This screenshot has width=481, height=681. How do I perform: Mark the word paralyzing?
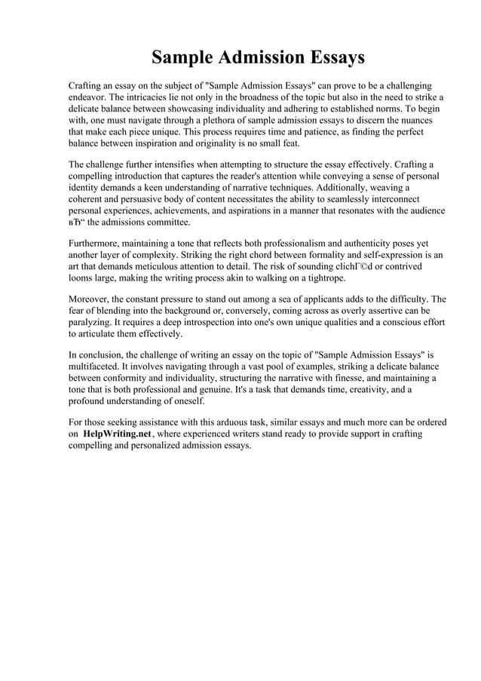pyautogui.click(x=91, y=321)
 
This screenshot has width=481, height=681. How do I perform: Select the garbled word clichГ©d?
pyautogui.click(x=351, y=266)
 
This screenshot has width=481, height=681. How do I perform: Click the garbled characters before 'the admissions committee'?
pyautogui.click(x=77, y=222)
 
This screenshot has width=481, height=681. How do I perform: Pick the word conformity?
pyautogui.click(x=124, y=377)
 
